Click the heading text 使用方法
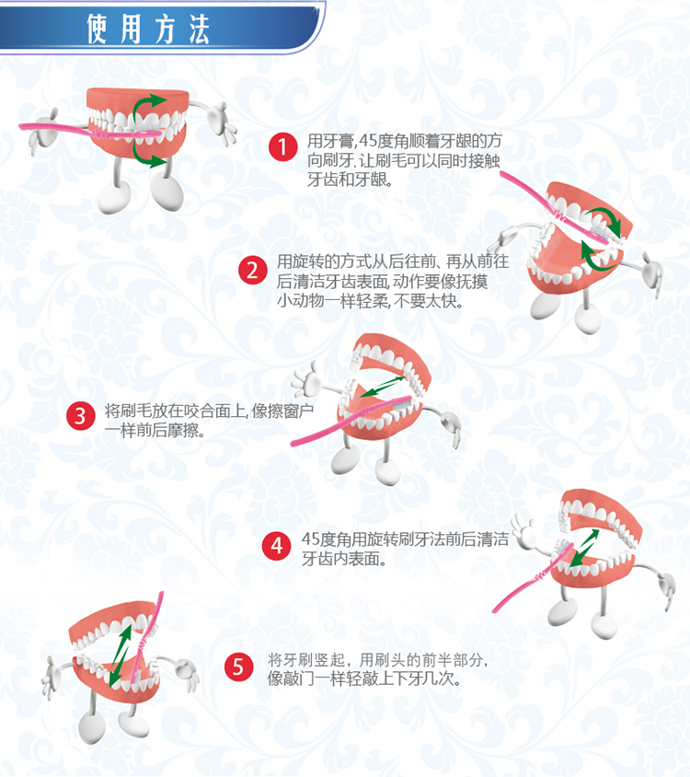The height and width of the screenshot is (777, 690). click(x=148, y=29)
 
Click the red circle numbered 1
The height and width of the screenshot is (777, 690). click(x=282, y=146)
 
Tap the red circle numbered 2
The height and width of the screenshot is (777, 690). click(x=253, y=271)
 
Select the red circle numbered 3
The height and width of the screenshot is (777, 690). click(x=81, y=416)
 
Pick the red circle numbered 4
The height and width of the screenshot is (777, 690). click(x=276, y=546)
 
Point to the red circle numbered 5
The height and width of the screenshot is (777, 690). click(x=238, y=667)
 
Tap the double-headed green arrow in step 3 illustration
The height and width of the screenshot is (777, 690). click(x=383, y=387)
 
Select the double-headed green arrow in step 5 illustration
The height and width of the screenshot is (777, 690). click(x=120, y=655)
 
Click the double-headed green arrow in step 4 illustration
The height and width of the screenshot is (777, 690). click(x=584, y=548)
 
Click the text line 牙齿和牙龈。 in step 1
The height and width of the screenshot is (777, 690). click(x=351, y=180)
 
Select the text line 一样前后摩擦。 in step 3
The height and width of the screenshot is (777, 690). click(x=155, y=430)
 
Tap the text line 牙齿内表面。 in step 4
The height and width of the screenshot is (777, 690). click(x=344, y=559)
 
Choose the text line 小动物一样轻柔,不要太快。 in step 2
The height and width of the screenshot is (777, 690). click(x=370, y=301)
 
